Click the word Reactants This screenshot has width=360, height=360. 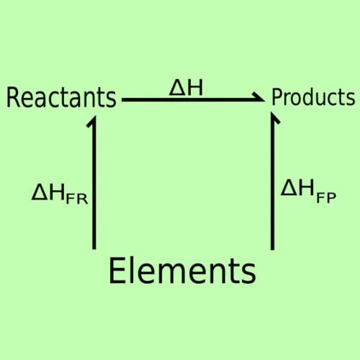point(61,97)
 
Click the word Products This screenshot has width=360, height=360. point(313,97)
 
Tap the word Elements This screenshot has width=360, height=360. point(182,271)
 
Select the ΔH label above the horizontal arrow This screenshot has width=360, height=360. point(186,88)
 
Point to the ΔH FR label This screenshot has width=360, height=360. point(60,194)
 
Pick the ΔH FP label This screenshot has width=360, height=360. point(308,192)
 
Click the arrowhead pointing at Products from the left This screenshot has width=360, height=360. point(260,98)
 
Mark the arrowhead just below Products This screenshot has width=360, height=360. point(274,117)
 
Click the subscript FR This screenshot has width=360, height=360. point(77,199)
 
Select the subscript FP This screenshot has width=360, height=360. point(326,198)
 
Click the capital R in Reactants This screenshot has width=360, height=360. point(13,97)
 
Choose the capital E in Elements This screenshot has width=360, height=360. point(116,271)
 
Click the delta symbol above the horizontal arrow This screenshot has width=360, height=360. point(177,88)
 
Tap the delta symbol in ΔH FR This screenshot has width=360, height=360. point(40,192)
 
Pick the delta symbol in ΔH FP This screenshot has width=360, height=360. point(289,188)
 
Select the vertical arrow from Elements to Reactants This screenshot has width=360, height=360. point(94,183)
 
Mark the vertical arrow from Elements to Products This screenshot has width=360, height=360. point(272,181)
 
